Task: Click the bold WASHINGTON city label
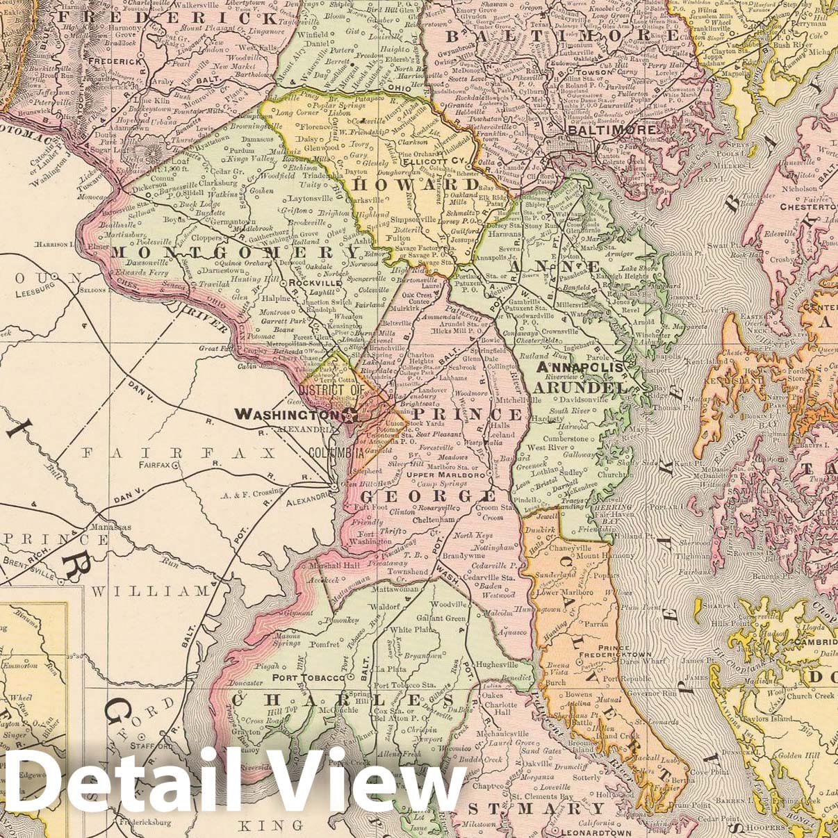click(286, 414)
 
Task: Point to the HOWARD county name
click(417, 185)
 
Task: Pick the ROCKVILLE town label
click(312, 284)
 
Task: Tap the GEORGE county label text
click(427, 496)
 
